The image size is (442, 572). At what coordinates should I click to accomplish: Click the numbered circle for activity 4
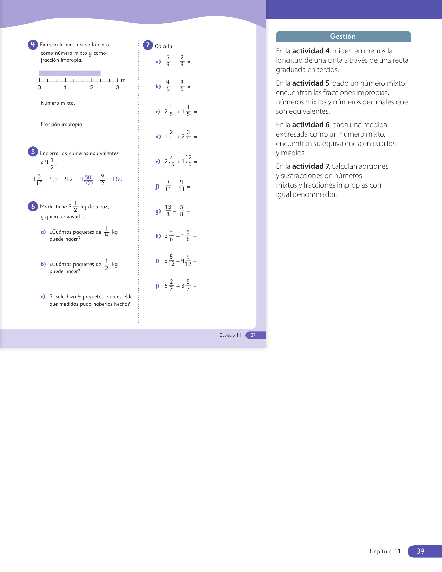[x=33, y=45]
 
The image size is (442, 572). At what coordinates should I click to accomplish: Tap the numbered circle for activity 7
[x=148, y=45]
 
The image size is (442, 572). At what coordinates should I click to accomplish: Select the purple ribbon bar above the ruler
[x=70, y=73]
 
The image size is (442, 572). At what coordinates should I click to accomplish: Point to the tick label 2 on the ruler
[x=92, y=88]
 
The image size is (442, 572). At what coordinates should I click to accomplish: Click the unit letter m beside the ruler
[x=123, y=80]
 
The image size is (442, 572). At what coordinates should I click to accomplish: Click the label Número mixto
[x=58, y=103]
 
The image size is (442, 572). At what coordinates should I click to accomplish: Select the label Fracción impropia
[x=62, y=124]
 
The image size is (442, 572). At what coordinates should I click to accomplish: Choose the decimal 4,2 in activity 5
[x=69, y=179]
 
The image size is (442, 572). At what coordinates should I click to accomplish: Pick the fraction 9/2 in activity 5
[x=102, y=180]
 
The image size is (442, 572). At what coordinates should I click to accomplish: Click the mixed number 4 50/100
[x=86, y=180]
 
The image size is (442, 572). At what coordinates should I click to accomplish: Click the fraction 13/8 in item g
[x=168, y=210]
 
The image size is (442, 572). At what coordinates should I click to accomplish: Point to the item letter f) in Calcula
[x=157, y=187]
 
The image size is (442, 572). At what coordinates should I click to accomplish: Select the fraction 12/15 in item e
[x=188, y=161]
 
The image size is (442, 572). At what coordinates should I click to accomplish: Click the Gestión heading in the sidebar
[x=343, y=36]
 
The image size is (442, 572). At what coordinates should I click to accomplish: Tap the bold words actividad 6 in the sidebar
[x=311, y=125]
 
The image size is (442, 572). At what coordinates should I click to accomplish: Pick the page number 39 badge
[x=420, y=551]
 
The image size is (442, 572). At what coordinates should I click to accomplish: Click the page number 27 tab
[x=253, y=335]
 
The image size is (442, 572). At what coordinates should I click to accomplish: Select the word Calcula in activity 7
[x=164, y=46]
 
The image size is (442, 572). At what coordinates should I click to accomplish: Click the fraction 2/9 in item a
[x=182, y=61]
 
